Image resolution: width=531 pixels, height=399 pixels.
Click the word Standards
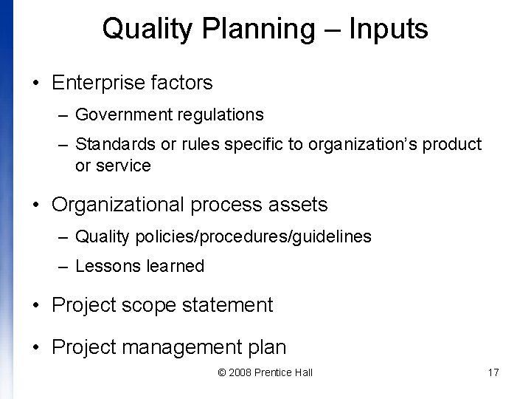coord(115,144)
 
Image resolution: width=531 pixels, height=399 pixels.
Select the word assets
coord(299,203)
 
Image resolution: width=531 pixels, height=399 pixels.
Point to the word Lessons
coord(104,266)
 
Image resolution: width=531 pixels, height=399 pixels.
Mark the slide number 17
coord(493,372)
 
